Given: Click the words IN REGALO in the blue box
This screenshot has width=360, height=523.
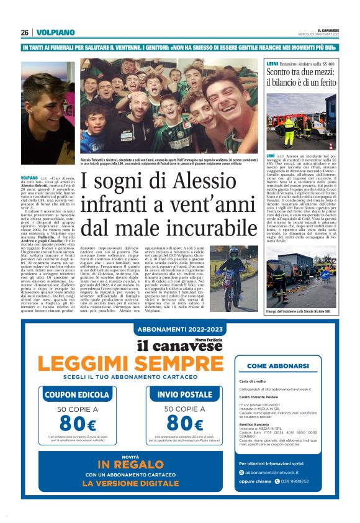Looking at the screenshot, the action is tap(130, 483).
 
